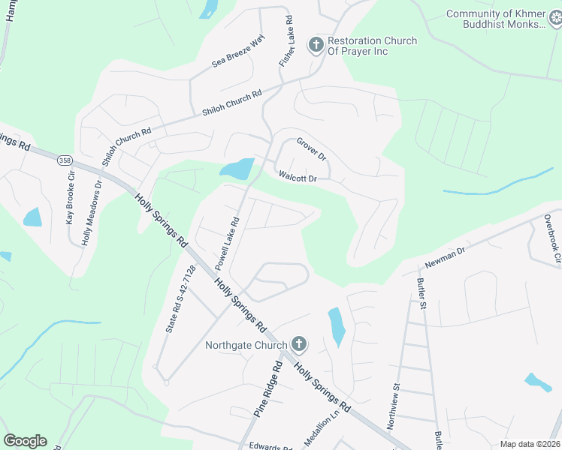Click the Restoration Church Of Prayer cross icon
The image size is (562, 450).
pyautogui.click(x=316, y=46)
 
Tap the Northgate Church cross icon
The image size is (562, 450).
pyautogui.click(x=299, y=345)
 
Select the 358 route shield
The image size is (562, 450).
pyautogui.click(x=64, y=160)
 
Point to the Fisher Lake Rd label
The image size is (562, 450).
pyautogui.click(x=286, y=40)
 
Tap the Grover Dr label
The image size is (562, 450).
pyautogui.click(x=311, y=148)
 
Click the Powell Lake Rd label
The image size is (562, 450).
pyautogui.click(x=226, y=244)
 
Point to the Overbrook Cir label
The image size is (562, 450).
pyautogui.click(x=553, y=240)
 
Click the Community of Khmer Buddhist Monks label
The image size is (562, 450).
pyautogui.click(x=504, y=19)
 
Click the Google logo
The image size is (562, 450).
pyautogui.click(x=25, y=441)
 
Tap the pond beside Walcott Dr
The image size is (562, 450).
pyautogui.click(x=238, y=169)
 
